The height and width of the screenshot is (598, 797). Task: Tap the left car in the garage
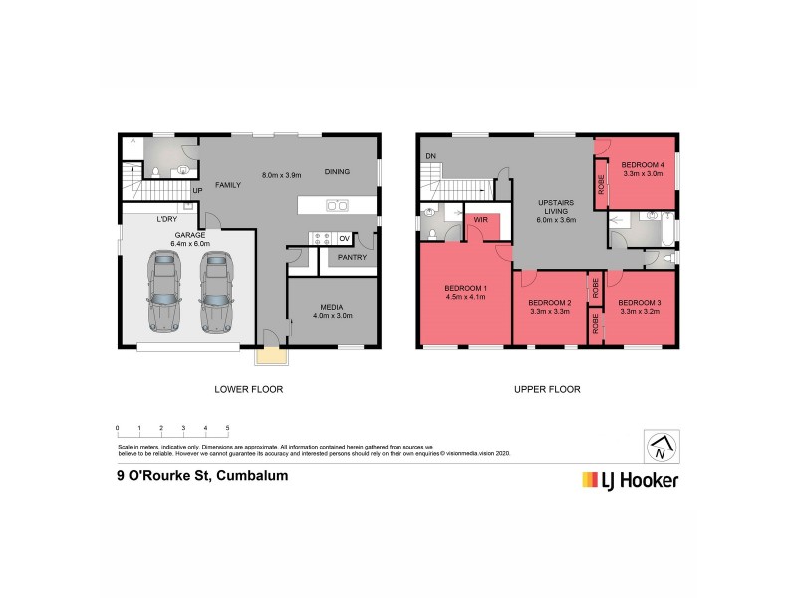coord(164,291)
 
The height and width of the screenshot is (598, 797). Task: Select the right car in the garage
coord(214,291)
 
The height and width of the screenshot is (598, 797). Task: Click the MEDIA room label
coord(332,307)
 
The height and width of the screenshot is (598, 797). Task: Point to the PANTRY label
coord(352,258)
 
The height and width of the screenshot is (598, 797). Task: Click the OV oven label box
coord(344,239)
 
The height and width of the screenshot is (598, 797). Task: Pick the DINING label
coord(337,172)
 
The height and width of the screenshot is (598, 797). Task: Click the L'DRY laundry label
coord(166,219)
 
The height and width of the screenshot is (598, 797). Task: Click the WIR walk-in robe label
coord(480,218)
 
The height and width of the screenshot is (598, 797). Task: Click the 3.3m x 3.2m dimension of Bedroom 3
coord(638,312)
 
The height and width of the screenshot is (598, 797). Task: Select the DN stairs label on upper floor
coord(431,156)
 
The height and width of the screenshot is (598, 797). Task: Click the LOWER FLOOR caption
coord(249,389)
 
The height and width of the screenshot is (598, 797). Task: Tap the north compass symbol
coord(660,448)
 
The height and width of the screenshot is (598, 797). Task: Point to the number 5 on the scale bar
coord(228,427)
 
